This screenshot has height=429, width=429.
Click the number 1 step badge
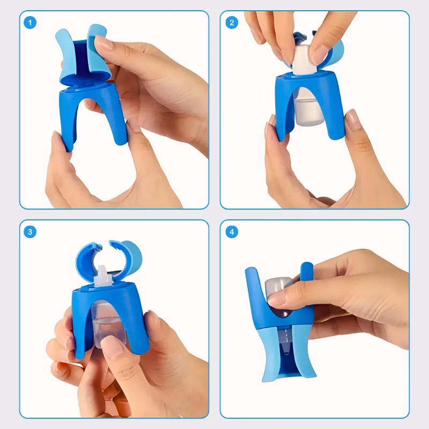click(30, 23)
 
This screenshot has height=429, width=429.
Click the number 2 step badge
click(232, 23)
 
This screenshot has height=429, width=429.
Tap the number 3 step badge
click(30, 232)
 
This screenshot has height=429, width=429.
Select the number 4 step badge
click(232, 232)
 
